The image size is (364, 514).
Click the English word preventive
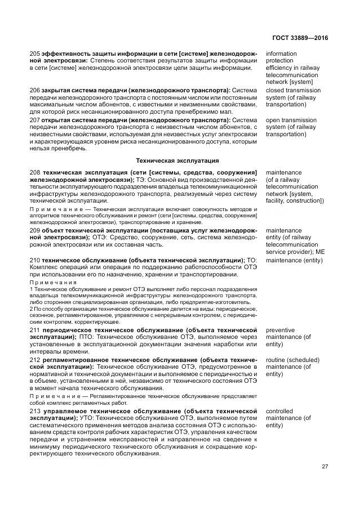click(x=281, y=330)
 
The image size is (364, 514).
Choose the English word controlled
click(x=281, y=412)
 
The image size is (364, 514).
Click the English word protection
click(x=280, y=61)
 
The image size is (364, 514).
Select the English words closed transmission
click(x=293, y=90)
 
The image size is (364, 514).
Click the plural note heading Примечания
click(x=53, y=282)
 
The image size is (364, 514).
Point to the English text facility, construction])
click(x=295, y=201)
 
